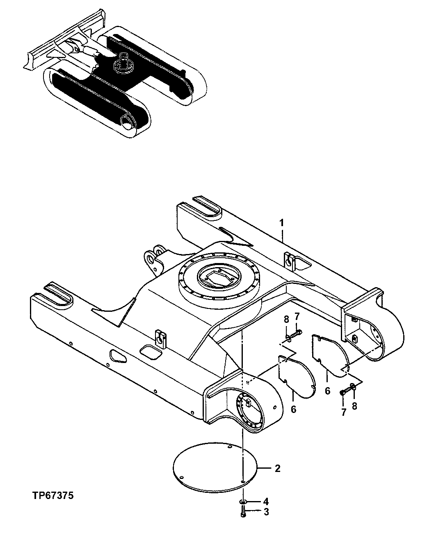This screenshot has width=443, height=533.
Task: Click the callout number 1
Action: [282, 222]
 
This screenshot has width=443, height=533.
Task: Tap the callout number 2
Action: [278, 468]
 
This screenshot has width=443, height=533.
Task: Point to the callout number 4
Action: [266, 501]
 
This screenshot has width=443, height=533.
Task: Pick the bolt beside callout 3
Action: [244, 512]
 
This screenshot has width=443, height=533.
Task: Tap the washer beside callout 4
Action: [243, 502]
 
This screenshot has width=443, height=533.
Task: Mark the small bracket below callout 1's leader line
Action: [290, 261]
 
